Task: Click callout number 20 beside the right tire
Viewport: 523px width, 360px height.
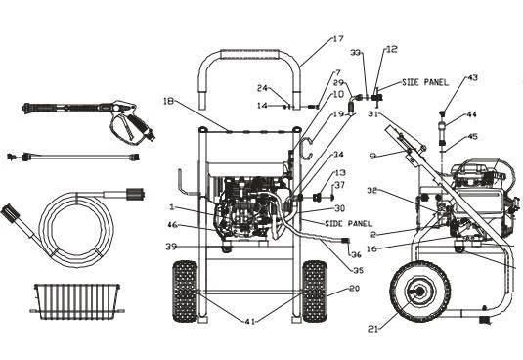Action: (x=354, y=289)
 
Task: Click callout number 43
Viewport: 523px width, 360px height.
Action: (x=473, y=77)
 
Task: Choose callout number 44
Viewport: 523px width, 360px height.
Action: (x=471, y=114)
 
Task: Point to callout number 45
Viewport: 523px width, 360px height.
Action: (x=472, y=137)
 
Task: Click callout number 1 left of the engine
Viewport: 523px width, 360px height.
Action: (x=172, y=207)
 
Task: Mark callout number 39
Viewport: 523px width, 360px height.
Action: (x=171, y=247)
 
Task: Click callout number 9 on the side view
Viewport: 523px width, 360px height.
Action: (x=373, y=155)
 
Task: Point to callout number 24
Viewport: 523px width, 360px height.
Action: (x=263, y=87)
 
